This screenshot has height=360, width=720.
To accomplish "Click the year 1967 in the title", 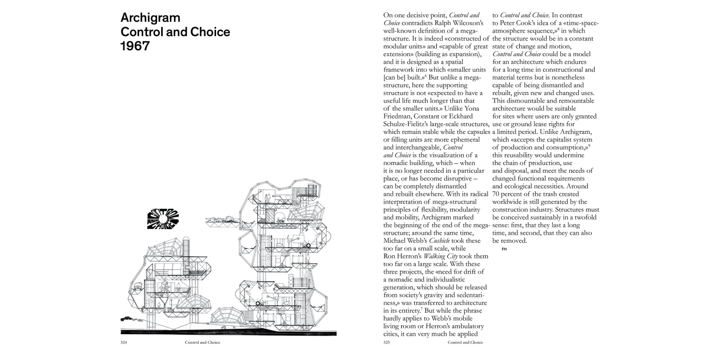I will (135, 46).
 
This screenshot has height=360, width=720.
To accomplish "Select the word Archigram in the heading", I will (150, 18).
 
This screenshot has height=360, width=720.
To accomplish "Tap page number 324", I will (125, 342).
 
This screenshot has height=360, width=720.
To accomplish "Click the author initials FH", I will (504, 249).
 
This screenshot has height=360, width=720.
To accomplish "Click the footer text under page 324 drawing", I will (202, 342).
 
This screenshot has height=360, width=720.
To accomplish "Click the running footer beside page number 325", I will (465, 342).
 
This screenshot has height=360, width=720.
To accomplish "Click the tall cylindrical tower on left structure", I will (186, 248).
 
